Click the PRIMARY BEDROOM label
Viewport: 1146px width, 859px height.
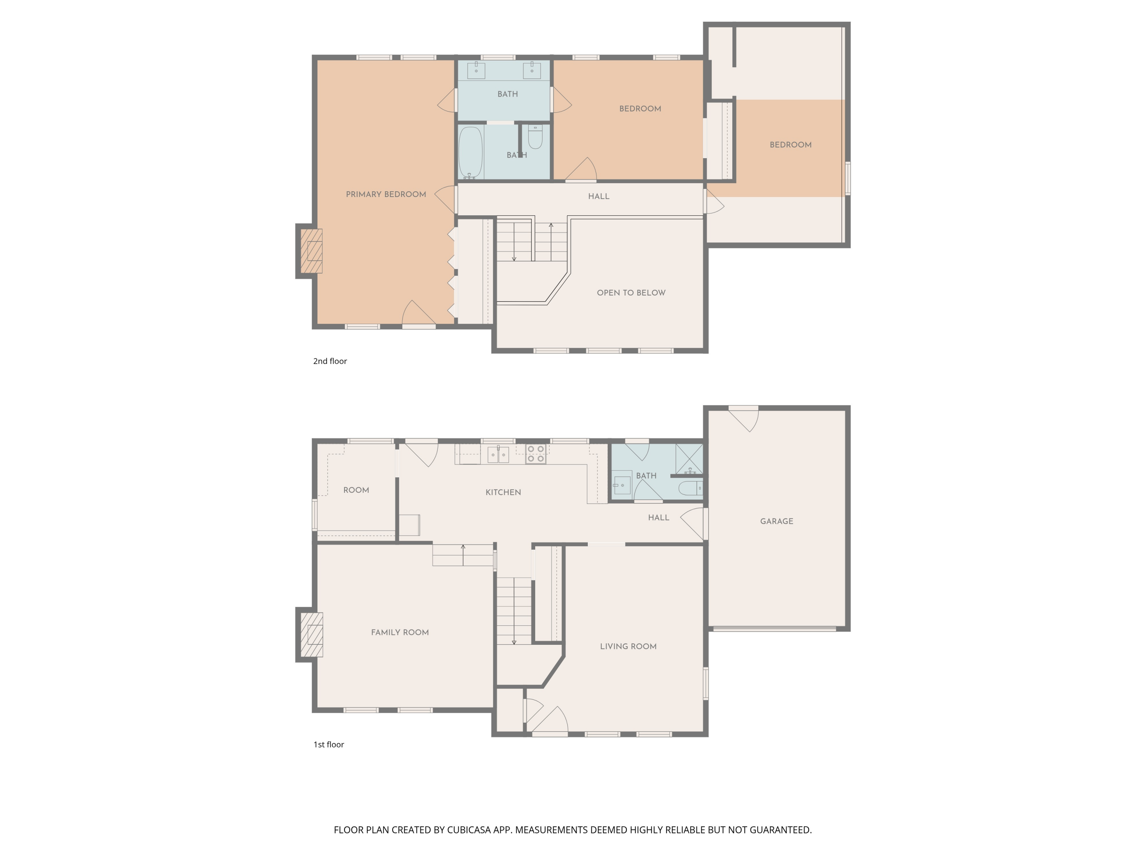point(385,194)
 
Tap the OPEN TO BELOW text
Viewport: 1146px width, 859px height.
point(631,292)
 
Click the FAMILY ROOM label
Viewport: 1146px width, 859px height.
point(400,632)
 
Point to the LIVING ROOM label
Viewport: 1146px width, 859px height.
point(628,646)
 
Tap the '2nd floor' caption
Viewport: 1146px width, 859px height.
point(330,361)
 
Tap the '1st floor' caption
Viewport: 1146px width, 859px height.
point(329,744)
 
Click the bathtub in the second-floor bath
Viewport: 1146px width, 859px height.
point(470,153)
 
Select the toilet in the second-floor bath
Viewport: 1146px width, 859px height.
point(535,137)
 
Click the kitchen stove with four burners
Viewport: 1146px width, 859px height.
point(536,454)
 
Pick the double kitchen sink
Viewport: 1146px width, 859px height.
point(498,455)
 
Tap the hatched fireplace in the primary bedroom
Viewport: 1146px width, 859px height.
point(312,251)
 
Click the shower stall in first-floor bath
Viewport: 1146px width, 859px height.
point(689,458)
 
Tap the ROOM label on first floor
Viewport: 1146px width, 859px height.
point(356,490)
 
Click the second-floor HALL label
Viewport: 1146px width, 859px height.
point(598,196)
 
